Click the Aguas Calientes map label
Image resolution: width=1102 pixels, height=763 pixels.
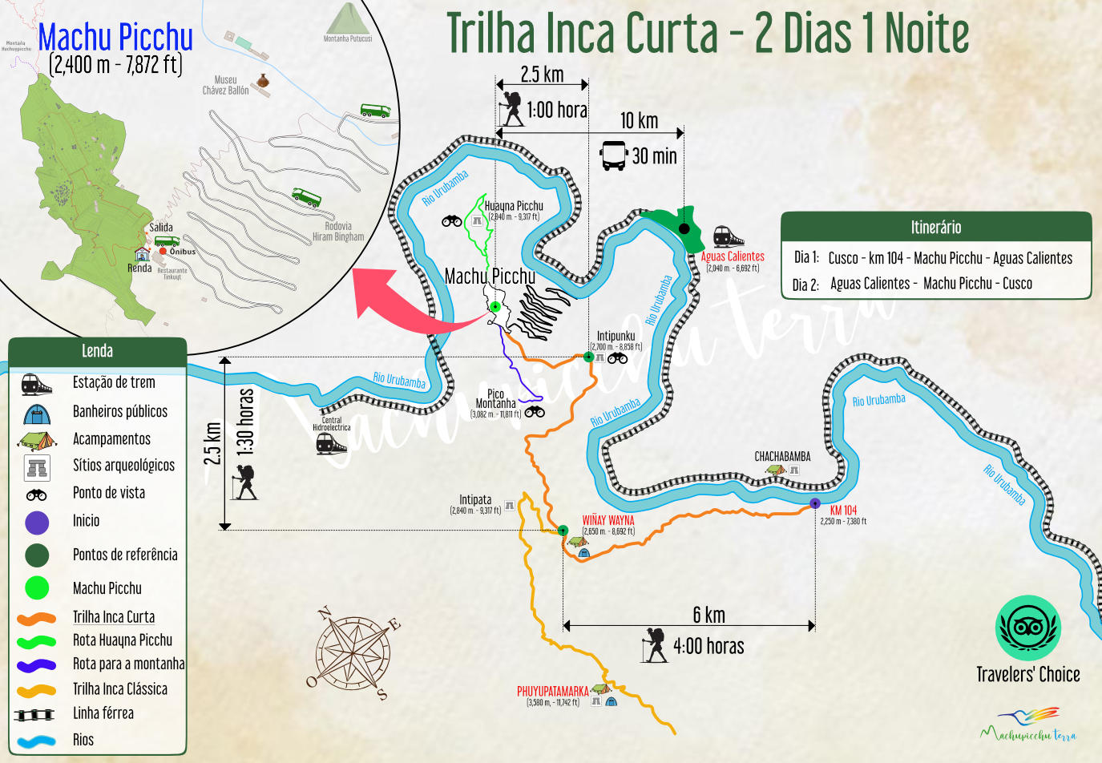[733, 256]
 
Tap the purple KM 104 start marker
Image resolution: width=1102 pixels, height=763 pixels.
[815, 503]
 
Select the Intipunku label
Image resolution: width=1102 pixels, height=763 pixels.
[616, 337]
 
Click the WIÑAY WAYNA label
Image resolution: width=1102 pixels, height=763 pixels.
[608, 520]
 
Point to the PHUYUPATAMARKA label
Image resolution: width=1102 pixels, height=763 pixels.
[552, 691]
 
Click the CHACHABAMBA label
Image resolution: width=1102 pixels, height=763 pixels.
[782, 457]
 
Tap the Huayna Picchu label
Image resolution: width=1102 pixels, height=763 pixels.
[514, 206]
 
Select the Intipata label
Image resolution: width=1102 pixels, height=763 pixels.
[475, 500]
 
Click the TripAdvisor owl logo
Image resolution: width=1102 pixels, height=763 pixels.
[1028, 628]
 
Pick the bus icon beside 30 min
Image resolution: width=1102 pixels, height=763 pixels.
[614, 155]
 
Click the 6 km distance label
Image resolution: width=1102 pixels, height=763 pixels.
[708, 615]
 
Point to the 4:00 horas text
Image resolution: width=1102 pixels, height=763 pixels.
[708, 646]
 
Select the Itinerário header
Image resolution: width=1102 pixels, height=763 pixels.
[935, 227]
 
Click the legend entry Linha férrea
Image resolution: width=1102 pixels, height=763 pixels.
[103, 713]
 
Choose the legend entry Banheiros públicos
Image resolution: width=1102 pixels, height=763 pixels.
[120, 411]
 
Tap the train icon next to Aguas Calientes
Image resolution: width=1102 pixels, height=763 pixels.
[728, 236]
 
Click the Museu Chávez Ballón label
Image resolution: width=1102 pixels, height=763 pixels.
[225, 85]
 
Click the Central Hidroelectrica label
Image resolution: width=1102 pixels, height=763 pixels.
[332, 423]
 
